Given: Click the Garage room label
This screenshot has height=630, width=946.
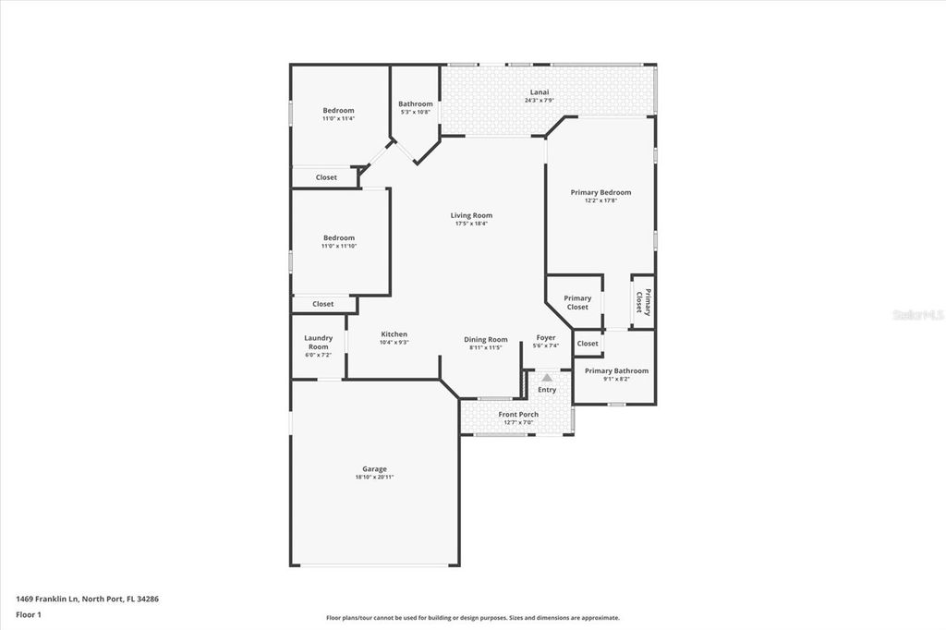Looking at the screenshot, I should pos(374,468).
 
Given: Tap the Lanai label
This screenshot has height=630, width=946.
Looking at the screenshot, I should pos(539,92).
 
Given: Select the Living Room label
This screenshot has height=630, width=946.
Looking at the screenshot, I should pos(471,215).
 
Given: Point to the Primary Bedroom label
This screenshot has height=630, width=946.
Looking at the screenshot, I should pos(600,192).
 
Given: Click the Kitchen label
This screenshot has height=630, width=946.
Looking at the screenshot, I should pos(394,334).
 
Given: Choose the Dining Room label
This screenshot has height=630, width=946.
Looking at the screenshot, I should pos(486,339).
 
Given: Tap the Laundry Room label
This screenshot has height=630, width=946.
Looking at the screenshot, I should pos(318,342).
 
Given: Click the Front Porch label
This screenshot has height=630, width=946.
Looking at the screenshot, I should pos(518,414).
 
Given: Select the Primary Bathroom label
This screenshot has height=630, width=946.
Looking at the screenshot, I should pos(616,370).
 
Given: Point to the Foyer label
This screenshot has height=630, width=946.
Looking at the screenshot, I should pos(546,337).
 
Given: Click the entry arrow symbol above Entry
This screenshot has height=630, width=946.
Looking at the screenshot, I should pos(547,377).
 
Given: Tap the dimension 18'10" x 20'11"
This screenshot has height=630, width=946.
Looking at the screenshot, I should pos(374,477).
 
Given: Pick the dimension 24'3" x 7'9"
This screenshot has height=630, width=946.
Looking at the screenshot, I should pos(539,101).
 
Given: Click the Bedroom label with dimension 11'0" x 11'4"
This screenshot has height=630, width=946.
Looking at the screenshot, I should pos(338,110).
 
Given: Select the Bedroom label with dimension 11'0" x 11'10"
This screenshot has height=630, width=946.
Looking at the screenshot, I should pos(338,237).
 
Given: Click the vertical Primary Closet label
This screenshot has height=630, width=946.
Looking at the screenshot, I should pos(643,303).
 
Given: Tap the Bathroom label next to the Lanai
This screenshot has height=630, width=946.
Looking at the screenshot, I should pos(416,104).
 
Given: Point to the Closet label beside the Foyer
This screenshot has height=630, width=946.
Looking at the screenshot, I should pos(588,344).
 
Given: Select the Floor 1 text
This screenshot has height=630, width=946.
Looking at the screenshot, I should pos(28,613).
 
